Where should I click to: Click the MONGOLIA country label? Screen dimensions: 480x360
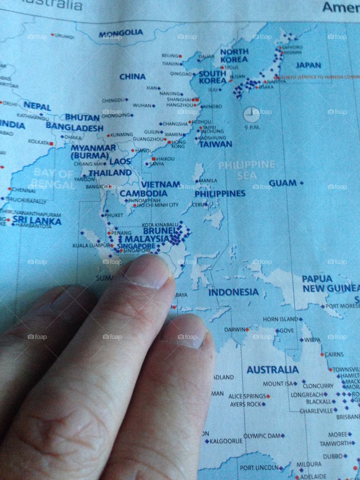click(121, 33)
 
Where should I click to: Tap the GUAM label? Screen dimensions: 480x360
click(283, 183)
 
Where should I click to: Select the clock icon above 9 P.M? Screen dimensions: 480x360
click(251, 114)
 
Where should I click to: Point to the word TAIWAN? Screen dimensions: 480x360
click(216, 144)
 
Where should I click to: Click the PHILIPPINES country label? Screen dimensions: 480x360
click(220, 193)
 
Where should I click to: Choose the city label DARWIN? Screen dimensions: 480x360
click(234, 330)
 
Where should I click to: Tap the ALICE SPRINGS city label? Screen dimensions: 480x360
click(247, 396)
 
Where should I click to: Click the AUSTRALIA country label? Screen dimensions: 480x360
click(273, 370)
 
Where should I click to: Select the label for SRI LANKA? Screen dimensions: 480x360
click(37, 220)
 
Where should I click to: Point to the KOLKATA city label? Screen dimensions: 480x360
click(39, 142)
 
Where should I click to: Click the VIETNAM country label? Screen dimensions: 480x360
click(160, 184)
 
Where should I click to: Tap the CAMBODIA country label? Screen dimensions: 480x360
click(143, 193)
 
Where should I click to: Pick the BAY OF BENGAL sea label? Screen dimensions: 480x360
click(53, 179)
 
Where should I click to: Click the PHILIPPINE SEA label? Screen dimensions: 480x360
click(246, 169)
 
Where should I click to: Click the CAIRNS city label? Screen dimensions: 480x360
click(334, 354)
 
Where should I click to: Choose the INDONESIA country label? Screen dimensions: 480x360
click(233, 292)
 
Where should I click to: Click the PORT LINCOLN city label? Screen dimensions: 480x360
click(259, 468)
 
